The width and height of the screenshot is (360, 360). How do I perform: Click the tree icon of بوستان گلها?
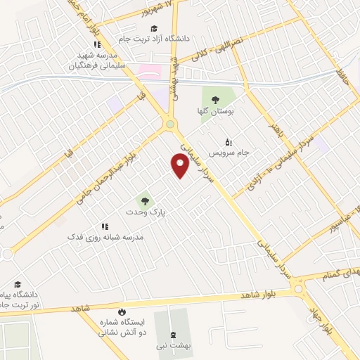pyautogui.click(x=215, y=99)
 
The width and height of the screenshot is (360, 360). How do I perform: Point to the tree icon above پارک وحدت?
pyautogui.click(x=145, y=198)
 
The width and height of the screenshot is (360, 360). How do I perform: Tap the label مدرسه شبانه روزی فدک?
pyautogui.click(x=105, y=238)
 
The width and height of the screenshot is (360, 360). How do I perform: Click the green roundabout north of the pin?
pyautogui.click(x=169, y=125)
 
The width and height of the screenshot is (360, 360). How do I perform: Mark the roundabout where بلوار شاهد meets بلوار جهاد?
pyautogui.click(x=299, y=288)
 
